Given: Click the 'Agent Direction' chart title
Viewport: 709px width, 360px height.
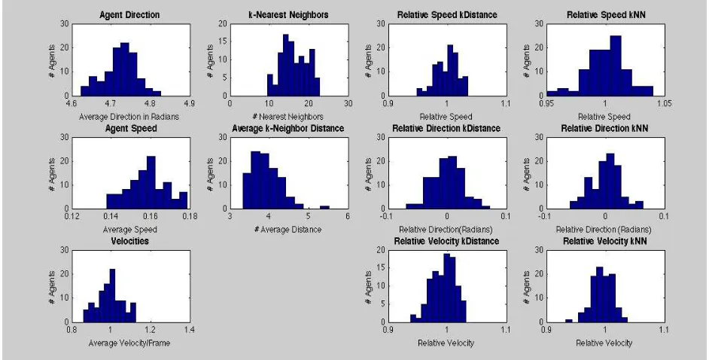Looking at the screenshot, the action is coord(129,15).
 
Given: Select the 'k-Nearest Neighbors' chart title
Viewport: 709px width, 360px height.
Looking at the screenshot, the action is coord(288,15).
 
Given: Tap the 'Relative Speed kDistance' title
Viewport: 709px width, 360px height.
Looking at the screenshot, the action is coord(446,15).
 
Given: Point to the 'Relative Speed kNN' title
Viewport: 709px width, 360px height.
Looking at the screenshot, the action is coord(606,15).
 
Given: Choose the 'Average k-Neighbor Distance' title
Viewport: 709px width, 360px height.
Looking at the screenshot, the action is coord(288,129).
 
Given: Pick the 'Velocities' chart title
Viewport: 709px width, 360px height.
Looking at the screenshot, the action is coord(129,241).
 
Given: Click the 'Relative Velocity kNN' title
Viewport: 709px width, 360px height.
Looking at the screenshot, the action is coord(605,241).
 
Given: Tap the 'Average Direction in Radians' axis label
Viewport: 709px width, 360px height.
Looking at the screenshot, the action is coord(129,117).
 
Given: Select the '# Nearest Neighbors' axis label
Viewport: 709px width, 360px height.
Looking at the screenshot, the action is coord(288,117).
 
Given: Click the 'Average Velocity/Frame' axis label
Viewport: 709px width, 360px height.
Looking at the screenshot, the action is coord(129,343).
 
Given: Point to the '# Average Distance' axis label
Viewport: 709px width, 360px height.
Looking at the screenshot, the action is coord(288,230).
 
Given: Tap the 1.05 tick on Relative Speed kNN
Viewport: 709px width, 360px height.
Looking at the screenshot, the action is coord(665,104).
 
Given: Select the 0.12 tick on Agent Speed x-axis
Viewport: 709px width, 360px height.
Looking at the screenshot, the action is coord(72,217).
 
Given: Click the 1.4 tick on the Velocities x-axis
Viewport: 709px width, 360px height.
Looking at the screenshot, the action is coord(190,330).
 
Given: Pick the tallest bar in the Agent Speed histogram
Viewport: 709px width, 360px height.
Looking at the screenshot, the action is coord(151,182).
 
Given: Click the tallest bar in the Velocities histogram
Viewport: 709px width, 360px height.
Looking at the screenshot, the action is coord(113,295).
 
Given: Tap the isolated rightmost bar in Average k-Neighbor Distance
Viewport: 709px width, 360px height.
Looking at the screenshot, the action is coord(324,207).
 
